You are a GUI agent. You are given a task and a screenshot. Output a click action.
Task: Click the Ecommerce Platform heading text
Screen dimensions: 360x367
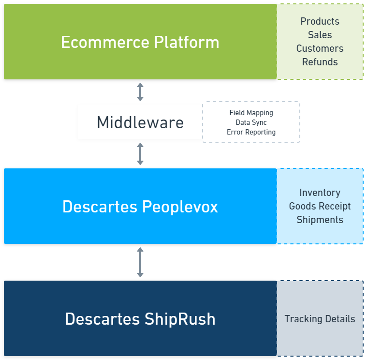[x=140, y=42]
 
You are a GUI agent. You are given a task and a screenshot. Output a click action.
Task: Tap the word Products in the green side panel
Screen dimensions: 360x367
[x=320, y=21]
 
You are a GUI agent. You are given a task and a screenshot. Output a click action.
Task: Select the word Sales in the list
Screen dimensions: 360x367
[x=320, y=35]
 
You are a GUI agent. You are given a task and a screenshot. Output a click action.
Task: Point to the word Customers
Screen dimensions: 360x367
[x=320, y=48]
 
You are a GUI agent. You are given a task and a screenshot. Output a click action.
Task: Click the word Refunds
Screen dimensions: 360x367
[x=320, y=62]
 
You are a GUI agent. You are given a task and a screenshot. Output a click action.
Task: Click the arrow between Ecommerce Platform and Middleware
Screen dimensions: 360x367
[x=140, y=91]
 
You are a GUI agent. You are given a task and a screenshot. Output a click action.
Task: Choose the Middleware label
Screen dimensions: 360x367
[x=140, y=122]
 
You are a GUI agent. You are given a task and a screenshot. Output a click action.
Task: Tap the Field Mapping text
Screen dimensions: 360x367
[x=251, y=113]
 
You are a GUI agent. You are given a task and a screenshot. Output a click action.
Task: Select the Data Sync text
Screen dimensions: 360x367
[x=251, y=122]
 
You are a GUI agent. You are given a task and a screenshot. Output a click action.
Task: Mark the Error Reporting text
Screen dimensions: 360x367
[x=251, y=132]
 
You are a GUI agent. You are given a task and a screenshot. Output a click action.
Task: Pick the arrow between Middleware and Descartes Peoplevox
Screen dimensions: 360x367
[x=140, y=153]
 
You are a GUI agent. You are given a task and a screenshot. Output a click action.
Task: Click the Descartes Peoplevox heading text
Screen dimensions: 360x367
[x=140, y=207]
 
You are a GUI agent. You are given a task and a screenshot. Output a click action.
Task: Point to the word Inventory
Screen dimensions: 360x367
[x=320, y=193]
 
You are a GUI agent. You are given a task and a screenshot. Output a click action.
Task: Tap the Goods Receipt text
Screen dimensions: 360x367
[x=320, y=206]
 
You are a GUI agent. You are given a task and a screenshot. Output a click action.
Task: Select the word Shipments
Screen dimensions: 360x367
[x=320, y=220]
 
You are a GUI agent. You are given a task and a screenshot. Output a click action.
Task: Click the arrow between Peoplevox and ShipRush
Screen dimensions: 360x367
[x=140, y=262]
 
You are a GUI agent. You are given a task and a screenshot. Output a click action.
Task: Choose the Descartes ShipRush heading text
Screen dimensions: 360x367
[x=140, y=319]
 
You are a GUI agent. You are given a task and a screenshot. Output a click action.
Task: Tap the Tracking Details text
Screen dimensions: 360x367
[x=320, y=319]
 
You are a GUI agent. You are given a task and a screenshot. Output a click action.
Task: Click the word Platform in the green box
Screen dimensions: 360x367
[x=187, y=42]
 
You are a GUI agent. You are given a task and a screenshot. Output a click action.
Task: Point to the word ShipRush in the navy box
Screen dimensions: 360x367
[x=180, y=319]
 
